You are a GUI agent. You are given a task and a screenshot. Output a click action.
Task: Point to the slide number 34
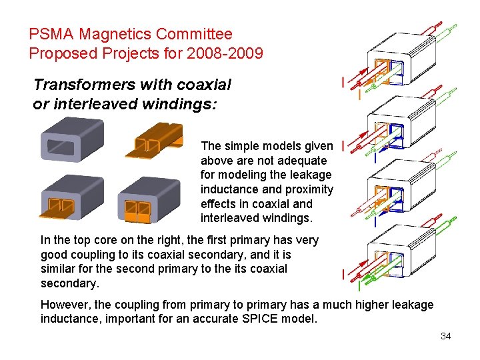coord(445,336)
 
